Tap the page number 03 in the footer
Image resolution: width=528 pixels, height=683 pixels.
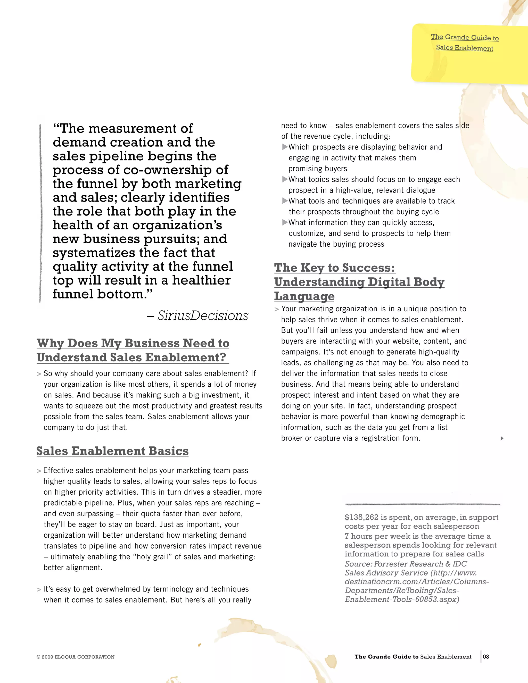pyautogui.click(x=486, y=656)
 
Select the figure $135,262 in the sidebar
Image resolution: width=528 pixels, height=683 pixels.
pyautogui.click(x=361, y=517)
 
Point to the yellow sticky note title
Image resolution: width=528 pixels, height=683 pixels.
pyautogui.click(x=465, y=43)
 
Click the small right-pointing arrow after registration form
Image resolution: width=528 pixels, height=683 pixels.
pyautogui.click(x=502, y=438)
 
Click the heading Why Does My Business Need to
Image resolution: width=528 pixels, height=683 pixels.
pyautogui.click(x=133, y=343)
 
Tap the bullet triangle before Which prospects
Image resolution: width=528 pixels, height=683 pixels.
pyautogui.click(x=285, y=147)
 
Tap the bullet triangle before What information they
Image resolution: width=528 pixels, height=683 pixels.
pyautogui.click(x=285, y=222)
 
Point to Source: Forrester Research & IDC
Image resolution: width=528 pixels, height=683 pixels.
pyautogui.click(x=406, y=564)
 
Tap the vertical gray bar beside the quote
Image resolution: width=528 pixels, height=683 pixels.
pyautogui.click(x=40, y=213)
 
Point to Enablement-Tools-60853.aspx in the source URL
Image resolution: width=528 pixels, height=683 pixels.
pyautogui.click(x=402, y=599)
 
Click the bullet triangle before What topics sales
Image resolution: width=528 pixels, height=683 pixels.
pyautogui.click(x=285, y=179)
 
